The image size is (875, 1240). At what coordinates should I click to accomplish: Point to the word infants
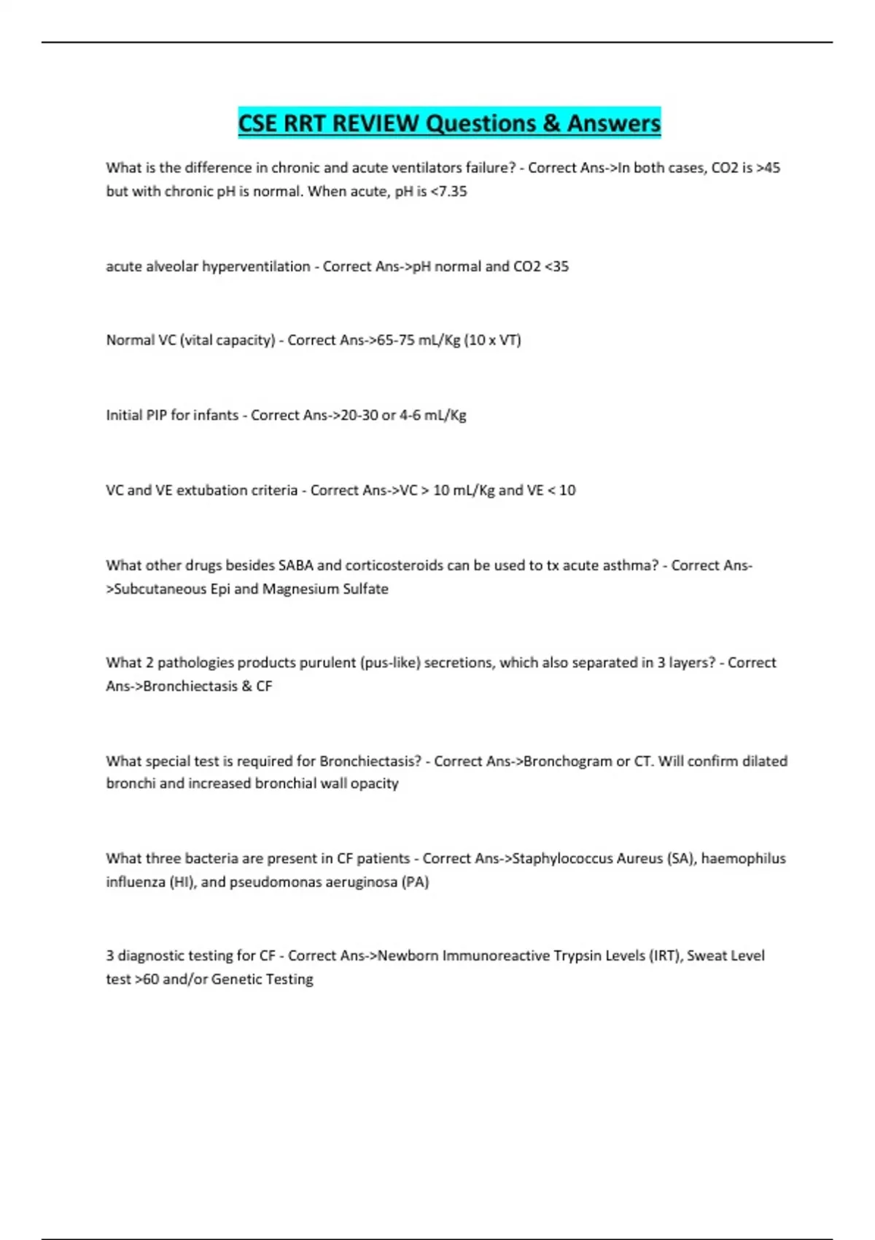click(x=216, y=415)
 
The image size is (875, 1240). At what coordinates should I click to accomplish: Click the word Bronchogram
click(x=568, y=761)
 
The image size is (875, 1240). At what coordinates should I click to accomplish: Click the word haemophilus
click(x=744, y=859)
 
